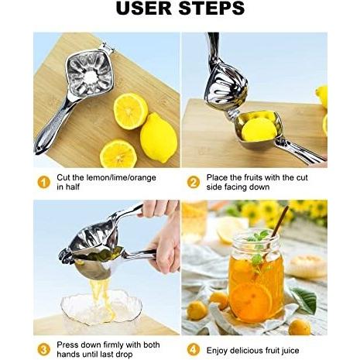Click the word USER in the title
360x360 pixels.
click(x=144, y=8)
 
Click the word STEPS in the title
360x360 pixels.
click(x=211, y=8)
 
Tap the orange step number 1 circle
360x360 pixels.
click(x=44, y=183)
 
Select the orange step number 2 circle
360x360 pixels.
click(x=194, y=183)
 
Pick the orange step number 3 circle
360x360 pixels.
click(x=44, y=350)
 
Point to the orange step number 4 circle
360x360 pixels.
click(x=194, y=350)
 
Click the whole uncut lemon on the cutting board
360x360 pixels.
click(x=159, y=138)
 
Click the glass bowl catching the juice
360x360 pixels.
click(x=101, y=307)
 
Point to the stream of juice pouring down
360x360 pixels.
click(x=102, y=300)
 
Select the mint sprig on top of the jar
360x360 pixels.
click(x=257, y=246)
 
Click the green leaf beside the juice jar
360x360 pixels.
click(x=305, y=300)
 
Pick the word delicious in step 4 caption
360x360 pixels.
click(x=247, y=351)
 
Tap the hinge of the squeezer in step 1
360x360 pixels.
click(x=107, y=48)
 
